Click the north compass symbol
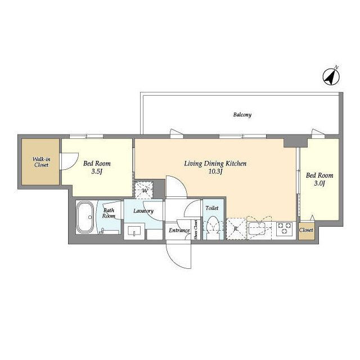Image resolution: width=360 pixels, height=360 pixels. [x=331, y=77]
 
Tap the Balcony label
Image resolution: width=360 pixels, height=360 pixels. [x=242, y=115]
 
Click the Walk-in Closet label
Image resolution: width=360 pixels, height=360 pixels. [x=41, y=162]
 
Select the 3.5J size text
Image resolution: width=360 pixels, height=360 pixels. [x=97, y=171]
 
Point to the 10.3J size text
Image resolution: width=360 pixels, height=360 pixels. [x=215, y=171]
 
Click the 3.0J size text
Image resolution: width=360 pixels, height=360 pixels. [x=319, y=183]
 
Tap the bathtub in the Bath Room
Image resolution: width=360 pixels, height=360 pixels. [x=84, y=217]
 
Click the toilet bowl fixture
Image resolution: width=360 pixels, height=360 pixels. [x=213, y=227]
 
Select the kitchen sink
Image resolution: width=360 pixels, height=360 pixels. [x=257, y=228]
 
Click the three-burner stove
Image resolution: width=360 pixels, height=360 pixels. [x=285, y=229]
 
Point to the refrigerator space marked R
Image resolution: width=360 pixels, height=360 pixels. [x=236, y=229]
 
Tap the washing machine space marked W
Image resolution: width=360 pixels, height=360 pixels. [x=144, y=190]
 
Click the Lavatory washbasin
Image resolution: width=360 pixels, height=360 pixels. [x=134, y=231]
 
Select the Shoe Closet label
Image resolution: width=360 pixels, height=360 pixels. [x=196, y=230]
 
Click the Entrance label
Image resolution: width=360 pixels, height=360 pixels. [x=179, y=230]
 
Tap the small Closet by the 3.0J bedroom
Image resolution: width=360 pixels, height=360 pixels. [x=306, y=230]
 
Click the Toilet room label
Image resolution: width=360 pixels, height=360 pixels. [x=212, y=208]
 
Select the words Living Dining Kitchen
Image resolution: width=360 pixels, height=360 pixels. [x=215, y=164]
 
